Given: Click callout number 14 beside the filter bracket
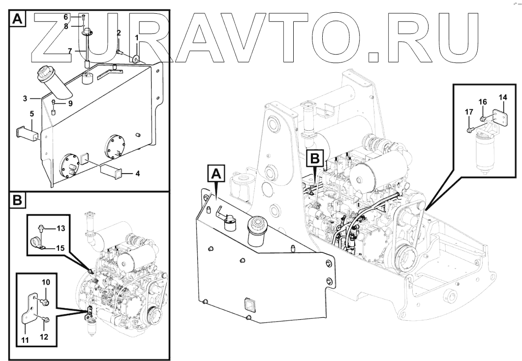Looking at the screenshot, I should tap(502, 97).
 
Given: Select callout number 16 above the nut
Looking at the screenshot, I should tap(483, 102).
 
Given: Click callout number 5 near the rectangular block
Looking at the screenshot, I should tap(31, 114).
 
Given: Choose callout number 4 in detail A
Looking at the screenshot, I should tap(138, 173).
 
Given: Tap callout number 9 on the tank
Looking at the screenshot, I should tap(70, 104).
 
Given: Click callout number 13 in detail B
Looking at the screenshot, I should tap(61, 229).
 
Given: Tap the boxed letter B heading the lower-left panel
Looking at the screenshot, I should tap(17, 201).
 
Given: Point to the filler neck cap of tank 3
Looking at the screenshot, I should tap(46, 76).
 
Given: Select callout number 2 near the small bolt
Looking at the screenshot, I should tap(119, 33).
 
